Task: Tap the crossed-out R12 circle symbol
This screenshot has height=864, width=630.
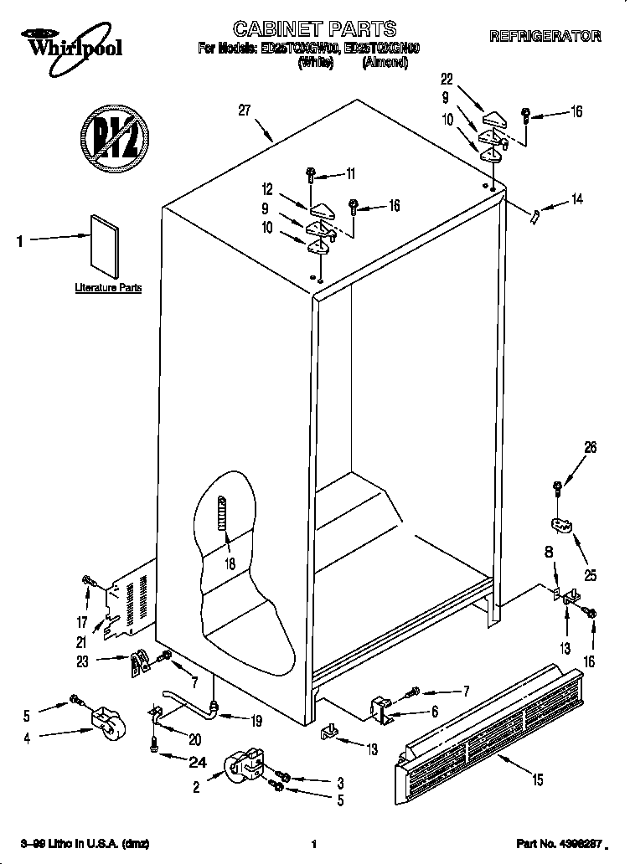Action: pyautogui.click(x=114, y=132)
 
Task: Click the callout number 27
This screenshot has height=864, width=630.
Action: pyautogui.click(x=245, y=110)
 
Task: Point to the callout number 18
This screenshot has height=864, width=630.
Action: pyautogui.click(x=230, y=563)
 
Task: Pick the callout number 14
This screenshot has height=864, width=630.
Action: pyautogui.click(x=576, y=199)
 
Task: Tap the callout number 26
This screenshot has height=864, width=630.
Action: pyautogui.click(x=590, y=449)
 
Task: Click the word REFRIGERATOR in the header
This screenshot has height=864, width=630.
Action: pyautogui.click(x=545, y=36)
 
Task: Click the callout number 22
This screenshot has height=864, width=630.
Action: pyautogui.click(x=447, y=80)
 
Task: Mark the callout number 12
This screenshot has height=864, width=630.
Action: pyautogui.click(x=267, y=189)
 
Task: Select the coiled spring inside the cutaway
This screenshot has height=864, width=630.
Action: pyautogui.click(x=222, y=523)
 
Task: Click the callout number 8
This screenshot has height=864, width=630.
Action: pyautogui.click(x=549, y=553)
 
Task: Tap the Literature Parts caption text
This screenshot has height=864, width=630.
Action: pyautogui.click(x=108, y=288)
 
